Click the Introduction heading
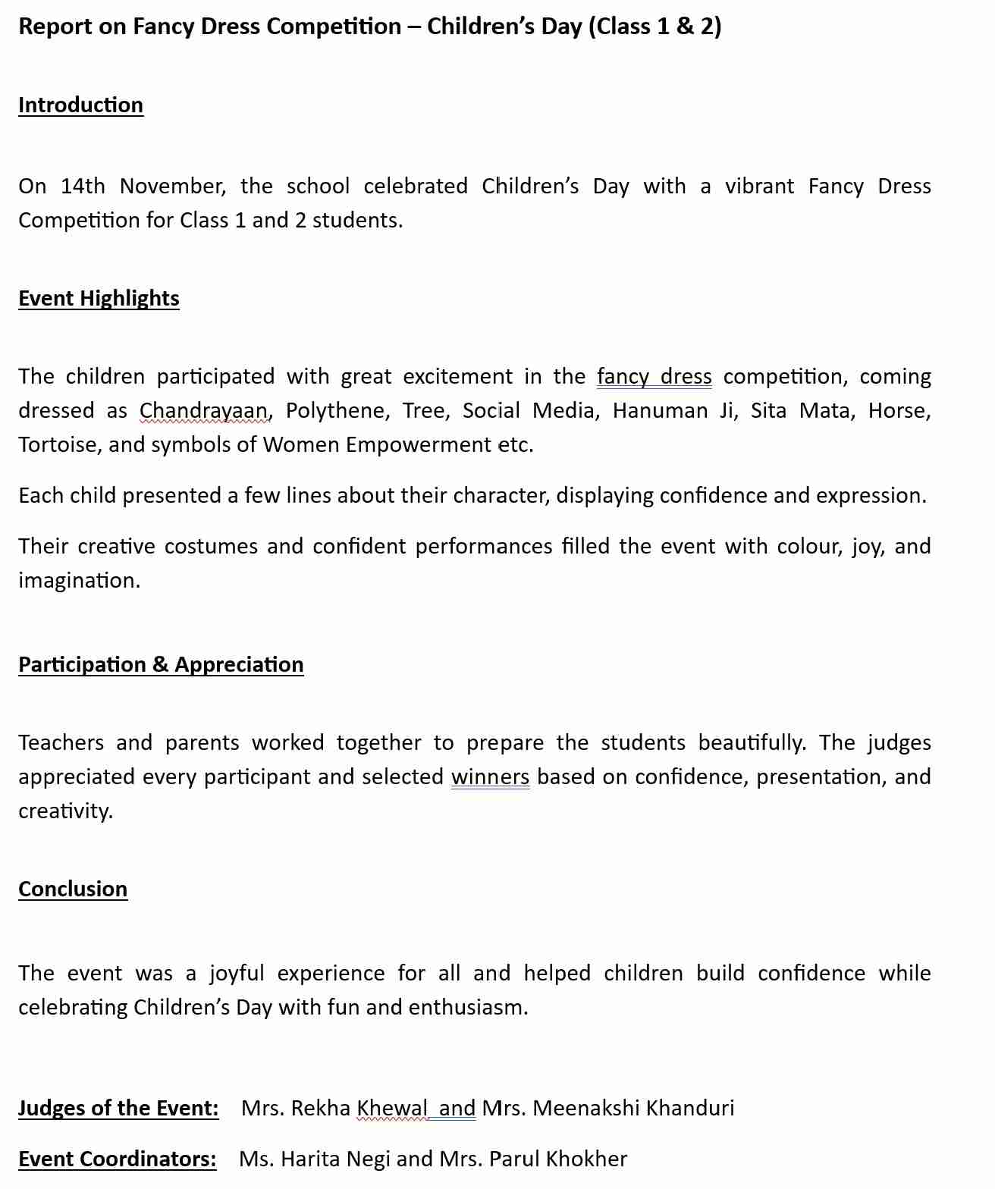[x=80, y=105]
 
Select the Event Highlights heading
[x=99, y=298]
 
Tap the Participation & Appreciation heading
[x=161, y=664]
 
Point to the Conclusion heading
[x=73, y=889]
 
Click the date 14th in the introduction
[x=83, y=186]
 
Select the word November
[x=172, y=186]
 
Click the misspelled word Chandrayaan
[x=203, y=410]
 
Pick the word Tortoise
[x=60, y=444]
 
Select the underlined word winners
[x=490, y=776]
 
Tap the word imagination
[x=79, y=580]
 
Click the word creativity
[x=65, y=811]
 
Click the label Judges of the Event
[x=118, y=1108]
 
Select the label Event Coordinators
[x=117, y=1159]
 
